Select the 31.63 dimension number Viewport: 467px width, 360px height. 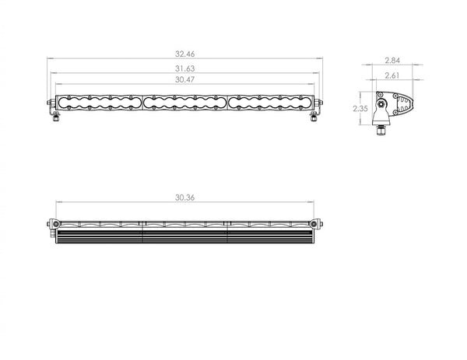(184, 68)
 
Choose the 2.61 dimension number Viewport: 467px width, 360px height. (393, 75)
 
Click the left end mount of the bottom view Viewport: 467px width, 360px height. (52, 224)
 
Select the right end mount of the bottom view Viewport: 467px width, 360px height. (318, 224)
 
